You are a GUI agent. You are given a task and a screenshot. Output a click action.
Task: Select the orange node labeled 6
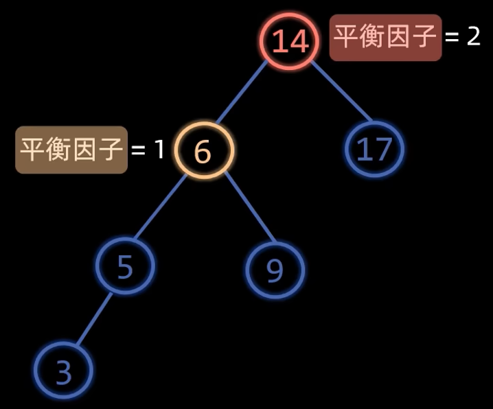point(204,150)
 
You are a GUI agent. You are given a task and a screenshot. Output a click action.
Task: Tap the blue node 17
point(374,149)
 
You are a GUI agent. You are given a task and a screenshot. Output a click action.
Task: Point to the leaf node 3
point(63,371)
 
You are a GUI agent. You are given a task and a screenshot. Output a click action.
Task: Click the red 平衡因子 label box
point(385,37)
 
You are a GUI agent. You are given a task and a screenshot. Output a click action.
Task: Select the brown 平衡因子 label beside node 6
point(71,149)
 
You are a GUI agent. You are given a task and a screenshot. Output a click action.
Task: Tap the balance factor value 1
point(159,148)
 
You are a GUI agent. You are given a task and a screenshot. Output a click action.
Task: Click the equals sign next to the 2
point(452,37)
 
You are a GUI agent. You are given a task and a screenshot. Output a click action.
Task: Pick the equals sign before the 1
point(139,149)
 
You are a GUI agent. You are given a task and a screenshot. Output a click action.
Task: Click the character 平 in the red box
point(347,37)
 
